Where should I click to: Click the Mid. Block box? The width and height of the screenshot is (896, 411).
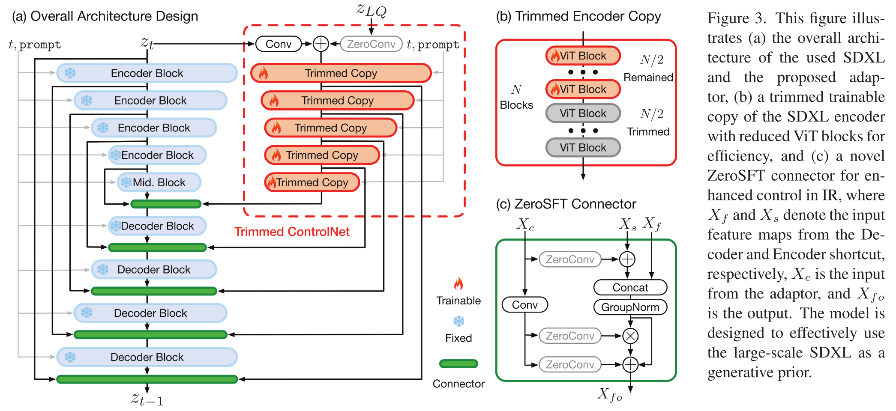pyautogui.click(x=159, y=182)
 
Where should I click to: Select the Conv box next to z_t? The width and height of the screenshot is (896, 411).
pyautogui.click(x=279, y=44)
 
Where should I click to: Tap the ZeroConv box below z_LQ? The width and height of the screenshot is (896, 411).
pyautogui.click(x=371, y=44)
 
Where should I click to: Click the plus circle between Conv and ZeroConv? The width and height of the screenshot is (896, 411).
pyautogui.click(x=321, y=44)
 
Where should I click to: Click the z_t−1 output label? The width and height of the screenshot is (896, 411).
pyautogui.click(x=147, y=399)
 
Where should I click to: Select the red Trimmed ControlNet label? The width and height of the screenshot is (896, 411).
pyautogui.click(x=292, y=232)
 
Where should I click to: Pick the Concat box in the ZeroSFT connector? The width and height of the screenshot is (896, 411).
pyautogui.click(x=630, y=287)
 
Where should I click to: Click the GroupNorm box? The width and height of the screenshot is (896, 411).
pyautogui.click(x=630, y=307)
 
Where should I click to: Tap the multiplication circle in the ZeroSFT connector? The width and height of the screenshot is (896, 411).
pyautogui.click(x=630, y=336)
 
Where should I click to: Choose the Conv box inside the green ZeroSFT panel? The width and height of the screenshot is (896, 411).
pyautogui.click(x=525, y=305)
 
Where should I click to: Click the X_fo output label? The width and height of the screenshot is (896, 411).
pyautogui.click(x=610, y=394)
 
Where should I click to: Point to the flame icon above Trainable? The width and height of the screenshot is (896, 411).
pyautogui.click(x=458, y=283)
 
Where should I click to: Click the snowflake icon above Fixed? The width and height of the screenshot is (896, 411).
pyautogui.click(x=458, y=321)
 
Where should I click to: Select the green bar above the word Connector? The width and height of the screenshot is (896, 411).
pyautogui.click(x=458, y=364)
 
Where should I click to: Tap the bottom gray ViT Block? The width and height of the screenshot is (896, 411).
pyautogui.click(x=583, y=148)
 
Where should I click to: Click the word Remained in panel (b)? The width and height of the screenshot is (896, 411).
pyautogui.click(x=648, y=77)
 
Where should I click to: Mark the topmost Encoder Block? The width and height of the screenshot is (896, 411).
pyautogui.click(x=147, y=73)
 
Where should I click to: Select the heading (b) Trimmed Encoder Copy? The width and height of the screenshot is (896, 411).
pyautogui.click(x=578, y=16)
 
